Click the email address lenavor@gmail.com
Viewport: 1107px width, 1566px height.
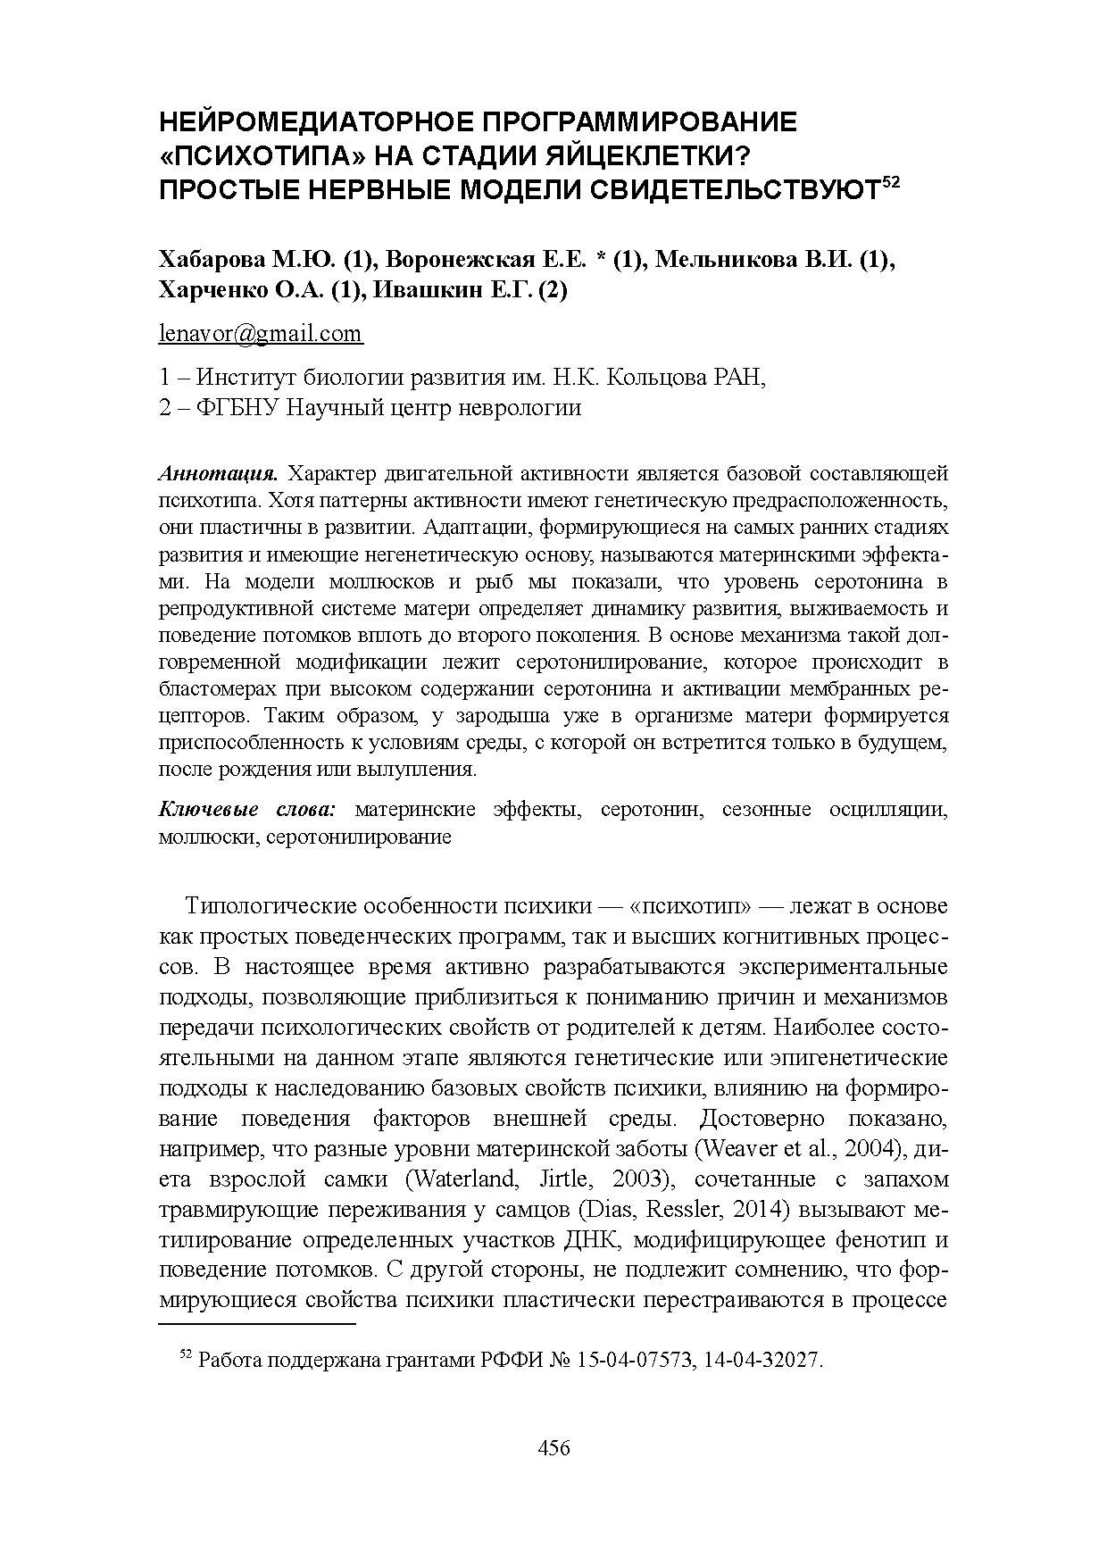(x=261, y=334)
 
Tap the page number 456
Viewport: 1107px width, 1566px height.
(x=553, y=1447)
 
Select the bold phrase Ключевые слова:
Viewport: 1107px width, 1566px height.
(x=246, y=810)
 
